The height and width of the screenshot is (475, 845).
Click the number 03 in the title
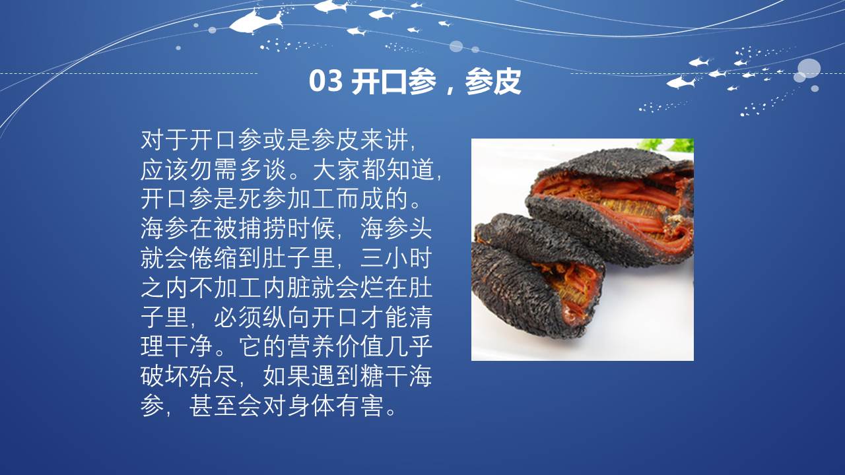[326, 81]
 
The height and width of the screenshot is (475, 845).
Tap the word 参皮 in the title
[493, 81]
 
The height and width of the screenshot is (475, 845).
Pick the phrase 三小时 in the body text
[396, 259]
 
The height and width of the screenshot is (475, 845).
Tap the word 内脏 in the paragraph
[287, 288]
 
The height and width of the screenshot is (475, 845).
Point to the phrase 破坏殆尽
[189, 376]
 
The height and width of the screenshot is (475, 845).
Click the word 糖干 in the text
[384, 376]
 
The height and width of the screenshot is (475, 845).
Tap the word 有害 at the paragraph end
[360, 406]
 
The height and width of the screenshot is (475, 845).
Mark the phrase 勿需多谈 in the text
[238, 170]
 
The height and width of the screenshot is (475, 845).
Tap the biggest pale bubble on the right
[809, 69]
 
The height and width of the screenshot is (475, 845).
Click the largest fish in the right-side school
[681, 82]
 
